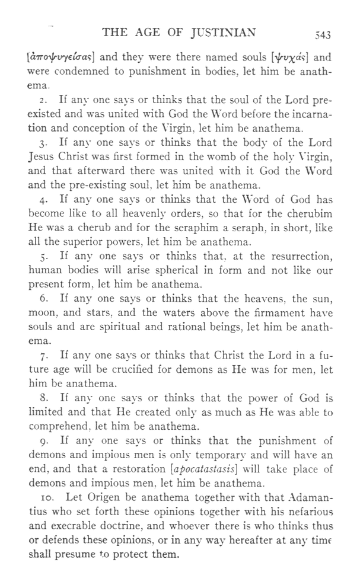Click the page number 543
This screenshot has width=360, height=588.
pyautogui.click(x=323, y=36)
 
